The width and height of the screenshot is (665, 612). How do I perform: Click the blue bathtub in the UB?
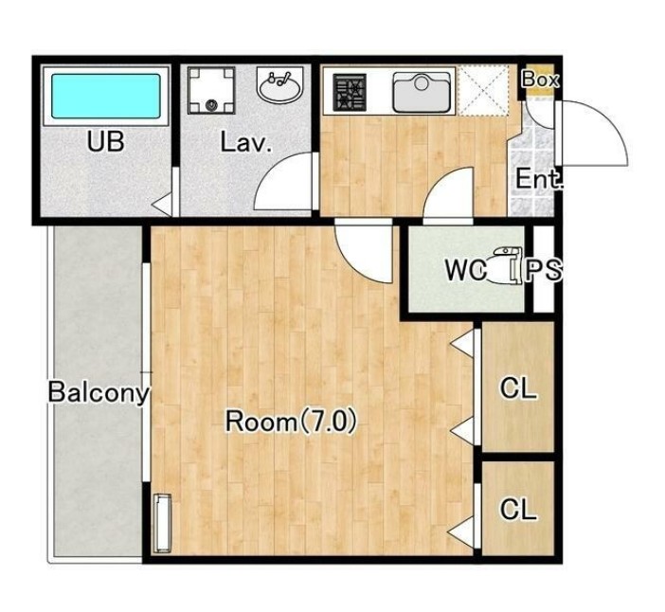[106, 97]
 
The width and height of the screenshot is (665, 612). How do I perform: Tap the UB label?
[105, 142]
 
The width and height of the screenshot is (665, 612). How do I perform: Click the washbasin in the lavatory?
[279, 85]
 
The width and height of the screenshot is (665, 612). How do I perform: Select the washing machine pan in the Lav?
[211, 90]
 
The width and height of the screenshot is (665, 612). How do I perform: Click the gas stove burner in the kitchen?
[350, 93]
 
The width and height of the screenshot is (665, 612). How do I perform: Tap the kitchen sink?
[422, 92]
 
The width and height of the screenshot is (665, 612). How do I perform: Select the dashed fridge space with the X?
[483, 90]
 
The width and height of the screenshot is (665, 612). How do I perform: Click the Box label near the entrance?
[540, 80]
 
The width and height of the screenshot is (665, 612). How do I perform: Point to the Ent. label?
[539, 178]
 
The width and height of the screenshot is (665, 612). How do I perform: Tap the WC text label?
[466, 270]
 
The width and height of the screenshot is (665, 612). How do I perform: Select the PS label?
[544, 270]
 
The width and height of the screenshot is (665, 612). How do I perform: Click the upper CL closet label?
[518, 387]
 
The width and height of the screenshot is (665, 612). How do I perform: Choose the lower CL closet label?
[518, 509]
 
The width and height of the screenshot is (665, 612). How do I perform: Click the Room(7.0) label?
[291, 422]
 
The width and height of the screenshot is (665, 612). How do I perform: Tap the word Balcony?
[99, 393]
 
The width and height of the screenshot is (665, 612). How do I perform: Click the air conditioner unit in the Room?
[162, 523]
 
